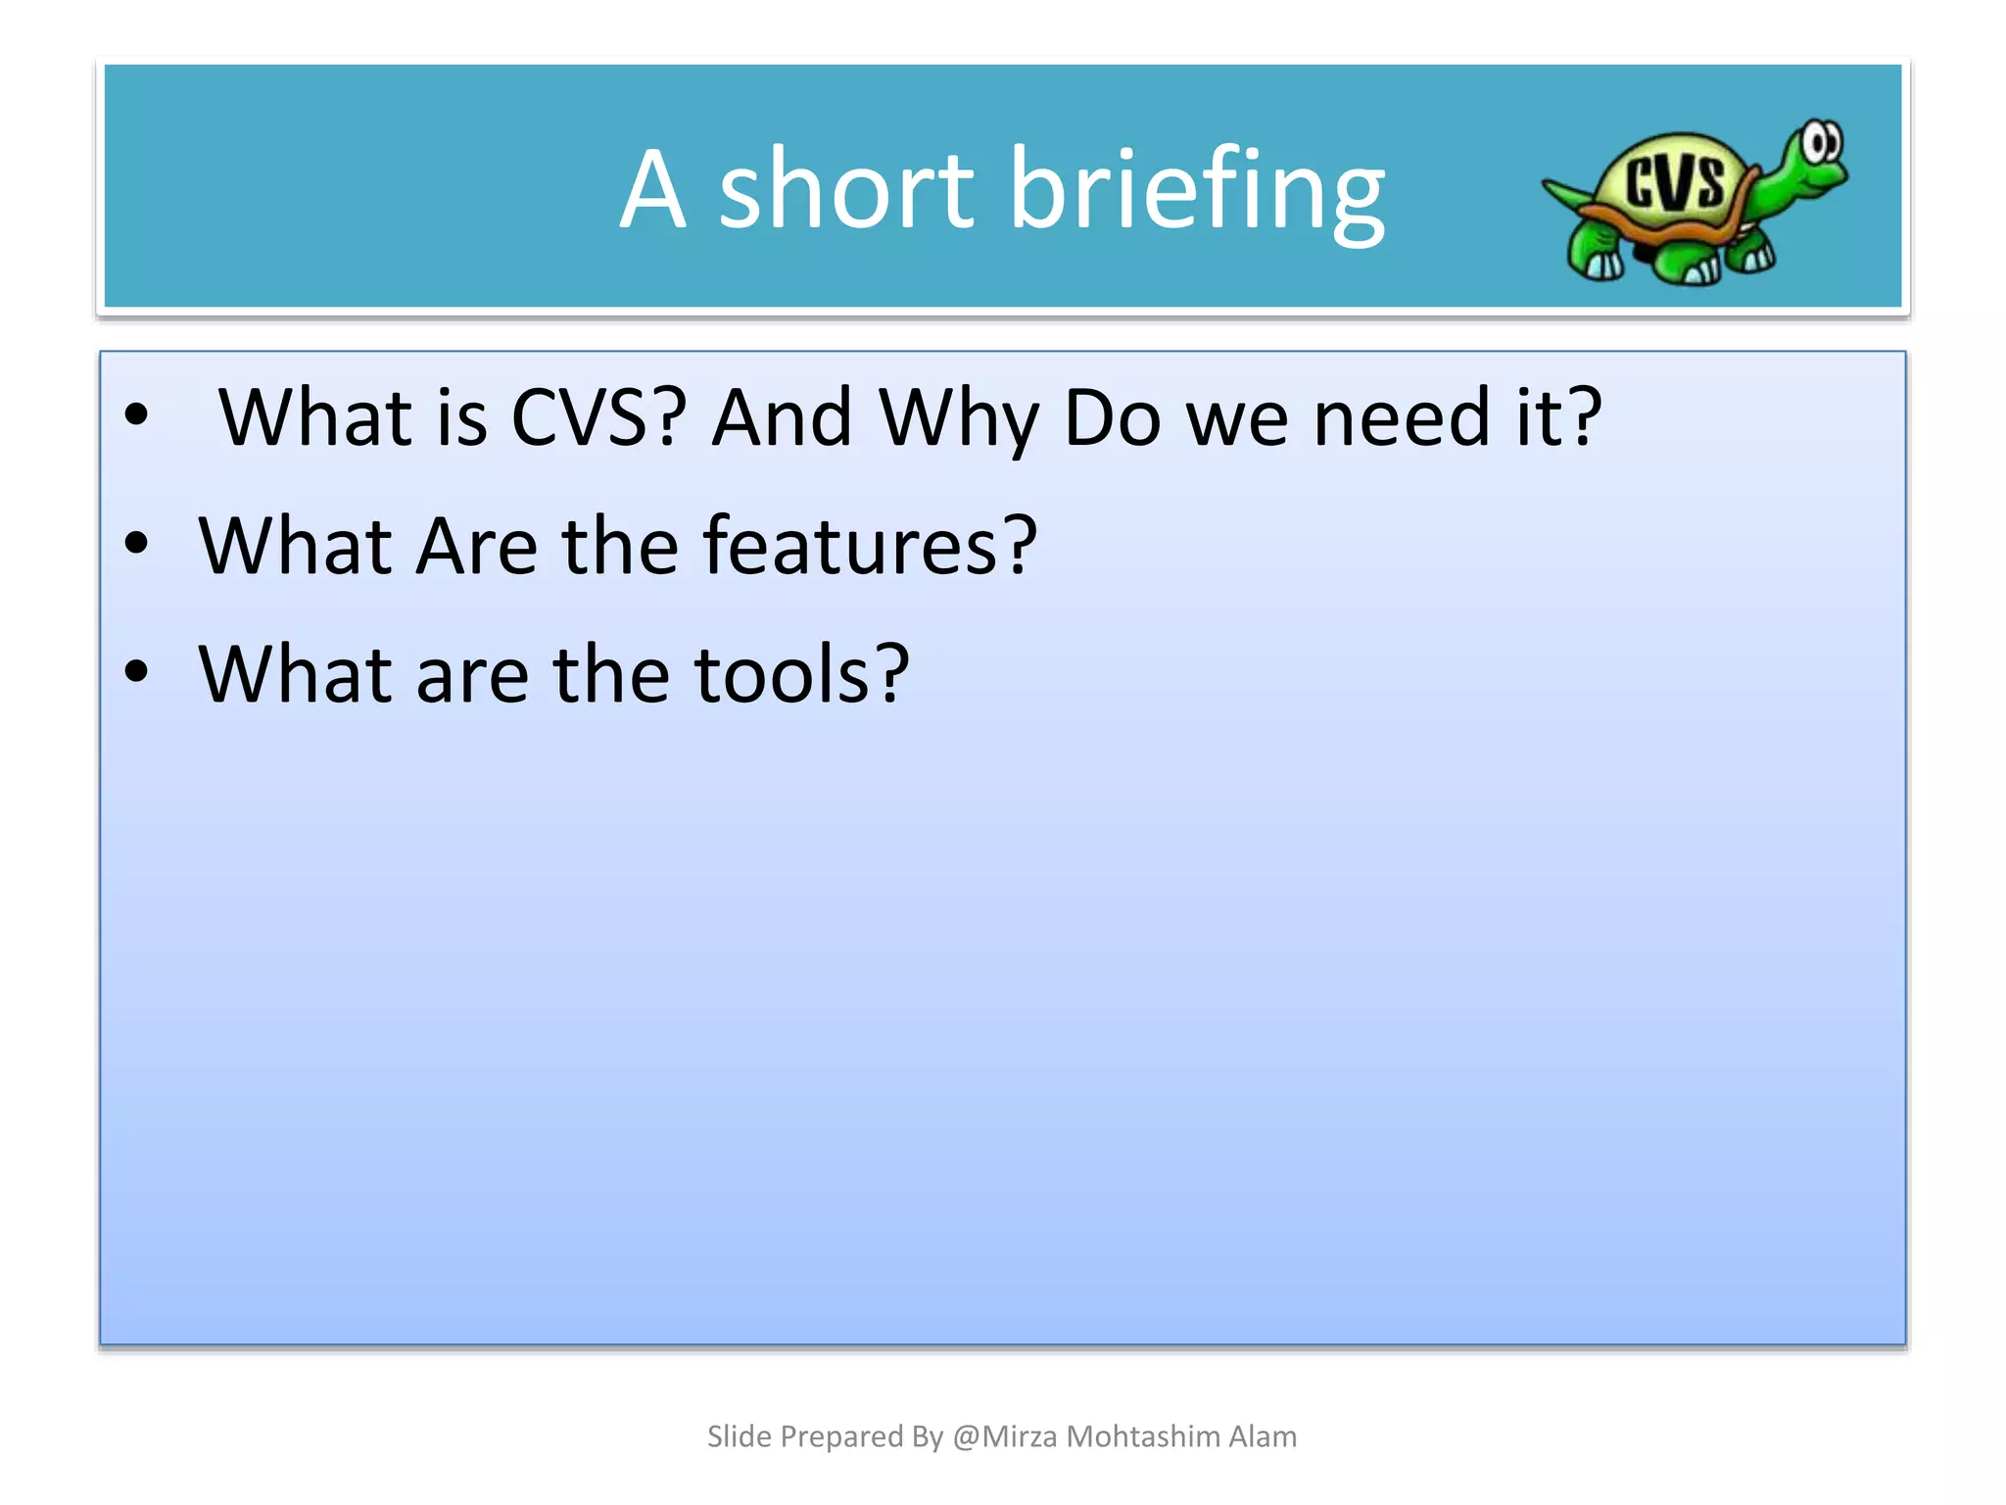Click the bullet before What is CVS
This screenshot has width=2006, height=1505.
point(136,415)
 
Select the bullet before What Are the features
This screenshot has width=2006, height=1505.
point(136,544)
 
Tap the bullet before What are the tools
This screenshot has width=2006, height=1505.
point(136,672)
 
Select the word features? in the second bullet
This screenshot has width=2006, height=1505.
point(870,546)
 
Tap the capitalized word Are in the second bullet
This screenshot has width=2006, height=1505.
point(476,546)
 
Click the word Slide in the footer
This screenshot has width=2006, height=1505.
point(739,1436)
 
